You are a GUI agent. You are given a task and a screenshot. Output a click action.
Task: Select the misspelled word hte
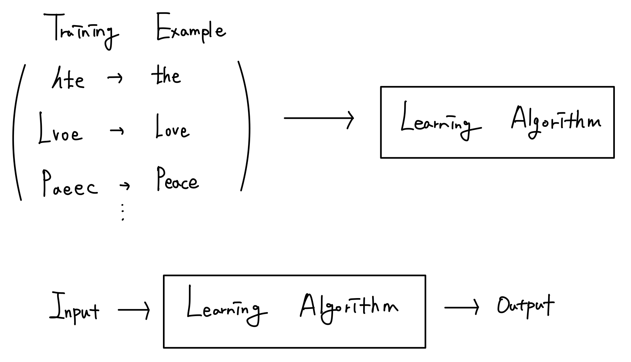68,79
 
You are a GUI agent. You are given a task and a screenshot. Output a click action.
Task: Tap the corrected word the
166,76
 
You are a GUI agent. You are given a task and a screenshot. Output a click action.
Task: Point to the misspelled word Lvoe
61,130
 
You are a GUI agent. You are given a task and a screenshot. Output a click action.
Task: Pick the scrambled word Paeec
70,185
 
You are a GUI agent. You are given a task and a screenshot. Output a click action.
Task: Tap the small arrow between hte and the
115,78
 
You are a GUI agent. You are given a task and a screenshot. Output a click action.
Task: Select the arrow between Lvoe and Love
117,131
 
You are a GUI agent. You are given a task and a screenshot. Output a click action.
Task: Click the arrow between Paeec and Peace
124,186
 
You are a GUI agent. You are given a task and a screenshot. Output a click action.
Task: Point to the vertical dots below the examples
123,212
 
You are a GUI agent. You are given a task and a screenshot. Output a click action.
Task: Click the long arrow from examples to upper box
319,118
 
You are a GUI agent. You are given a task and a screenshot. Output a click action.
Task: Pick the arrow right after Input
134,310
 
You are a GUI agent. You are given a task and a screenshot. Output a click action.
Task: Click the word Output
525,306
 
